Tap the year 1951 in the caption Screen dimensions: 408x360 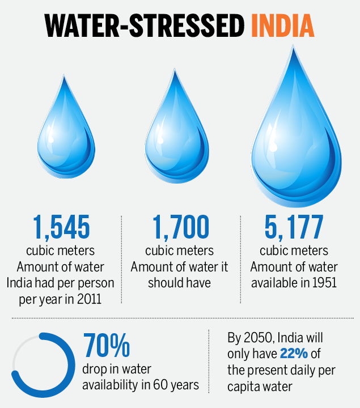tap(324, 282)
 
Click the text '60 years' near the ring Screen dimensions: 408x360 tap(180, 385)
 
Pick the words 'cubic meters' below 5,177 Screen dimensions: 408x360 tap(294, 250)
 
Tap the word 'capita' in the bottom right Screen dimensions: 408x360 tap(244, 386)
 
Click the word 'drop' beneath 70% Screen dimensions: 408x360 tap(95, 369)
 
